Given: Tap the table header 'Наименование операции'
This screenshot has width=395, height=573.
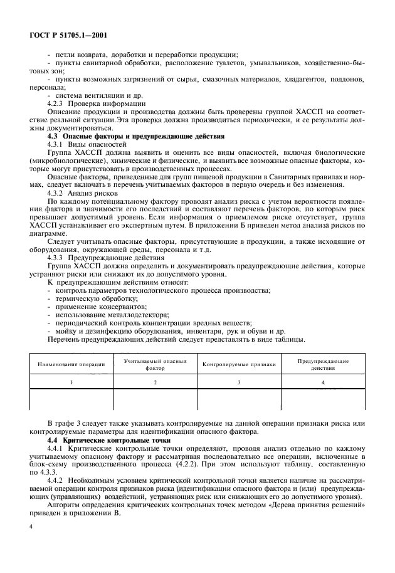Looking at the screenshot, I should [71, 364].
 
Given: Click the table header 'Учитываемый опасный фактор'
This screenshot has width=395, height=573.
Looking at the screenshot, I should [155, 364].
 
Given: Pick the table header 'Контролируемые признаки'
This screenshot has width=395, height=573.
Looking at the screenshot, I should [239, 364].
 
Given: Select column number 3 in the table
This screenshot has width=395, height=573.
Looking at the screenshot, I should [239, 382].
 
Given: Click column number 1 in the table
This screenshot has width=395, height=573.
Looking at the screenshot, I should [71, 382].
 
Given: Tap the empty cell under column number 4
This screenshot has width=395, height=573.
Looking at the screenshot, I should [323, 399].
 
